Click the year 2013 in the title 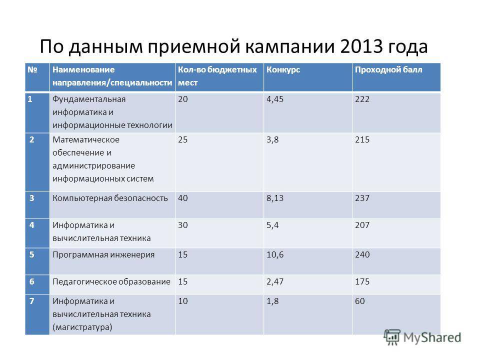(x=361, y=46)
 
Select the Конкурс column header (x=283, y=70)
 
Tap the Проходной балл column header (x=388, y=70)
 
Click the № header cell (x=32, y=70)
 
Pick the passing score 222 (x=362, y=99)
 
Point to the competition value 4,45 (x=275, y=99)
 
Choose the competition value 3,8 (x=272, y=140)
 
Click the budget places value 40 (x=183, y=198)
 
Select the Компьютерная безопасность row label (x=110, y=198)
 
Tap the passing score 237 (x=362, y=198)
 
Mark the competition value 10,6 (x=275, y=254)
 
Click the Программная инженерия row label (x=103, y=255)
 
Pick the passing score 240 (x=362, y=254)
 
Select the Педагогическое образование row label (x=111, y=282)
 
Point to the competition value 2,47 (x=275, y=281)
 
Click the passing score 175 (x=362, y=281)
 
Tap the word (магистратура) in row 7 (x=82, y=327)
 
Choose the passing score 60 (x=359, y=301)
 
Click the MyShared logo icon (x=392, y=337)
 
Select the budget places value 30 (x=183, y=225)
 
